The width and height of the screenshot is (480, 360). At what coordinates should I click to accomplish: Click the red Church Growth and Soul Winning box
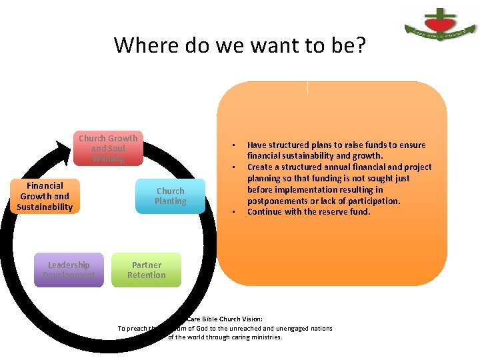coord(108,148)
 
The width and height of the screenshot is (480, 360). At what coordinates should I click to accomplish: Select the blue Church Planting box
coord(170,196)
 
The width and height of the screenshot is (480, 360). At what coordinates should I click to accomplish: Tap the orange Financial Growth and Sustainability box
coord(45,196)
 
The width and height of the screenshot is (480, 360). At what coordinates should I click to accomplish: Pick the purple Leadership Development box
coord(69,270)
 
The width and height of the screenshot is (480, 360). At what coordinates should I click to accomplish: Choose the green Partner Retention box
coord(146,270)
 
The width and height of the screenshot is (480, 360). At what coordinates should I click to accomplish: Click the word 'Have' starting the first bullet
coord(257,145)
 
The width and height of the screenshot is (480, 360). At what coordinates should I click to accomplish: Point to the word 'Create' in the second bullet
coord(261,167)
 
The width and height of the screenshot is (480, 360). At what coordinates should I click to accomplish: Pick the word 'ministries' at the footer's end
coord(265,337)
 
